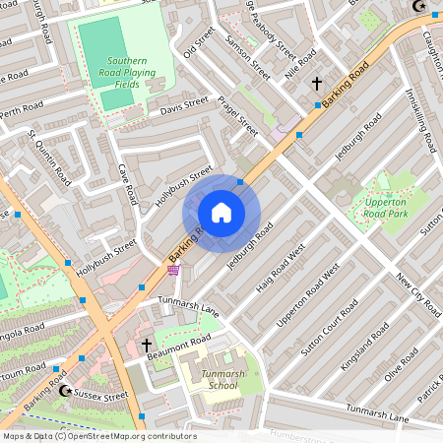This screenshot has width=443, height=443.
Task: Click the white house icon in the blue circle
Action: click(221, 213)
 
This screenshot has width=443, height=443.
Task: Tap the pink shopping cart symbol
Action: click(173, 270)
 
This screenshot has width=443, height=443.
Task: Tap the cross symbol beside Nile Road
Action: click(316, 85)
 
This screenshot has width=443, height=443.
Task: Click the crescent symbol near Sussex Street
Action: click(66, 391)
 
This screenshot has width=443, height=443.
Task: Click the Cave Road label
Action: click(127, 185)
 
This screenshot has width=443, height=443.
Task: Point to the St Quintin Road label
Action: click(50, 157)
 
